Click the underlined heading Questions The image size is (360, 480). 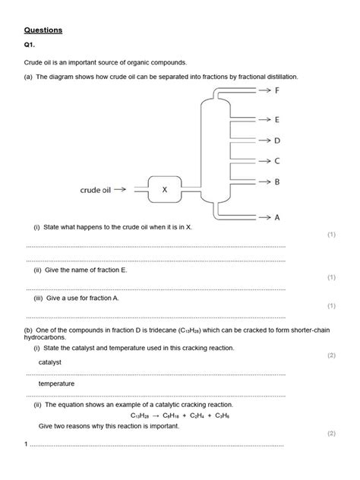[43, 30]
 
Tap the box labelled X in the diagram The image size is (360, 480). [164, 190]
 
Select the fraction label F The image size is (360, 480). [277, 90]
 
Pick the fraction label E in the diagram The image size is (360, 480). [277, 120]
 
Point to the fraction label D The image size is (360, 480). [277, 141]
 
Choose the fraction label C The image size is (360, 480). [277, 161]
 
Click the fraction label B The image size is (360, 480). [277, 182]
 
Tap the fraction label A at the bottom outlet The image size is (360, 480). [277, 217]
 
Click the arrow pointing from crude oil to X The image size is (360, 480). [136, 190]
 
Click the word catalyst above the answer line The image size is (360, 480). [49, 362]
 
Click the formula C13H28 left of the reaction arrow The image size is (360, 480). [141, 416]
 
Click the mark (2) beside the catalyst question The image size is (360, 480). [330, 355]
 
